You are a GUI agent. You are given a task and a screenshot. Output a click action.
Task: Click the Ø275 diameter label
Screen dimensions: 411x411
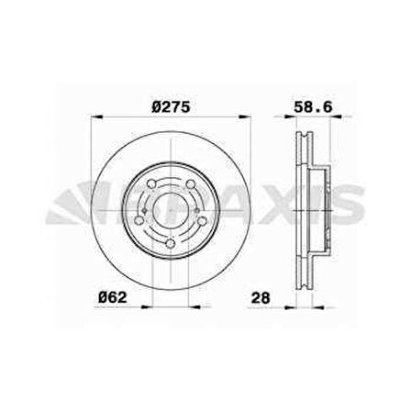click(171, 107)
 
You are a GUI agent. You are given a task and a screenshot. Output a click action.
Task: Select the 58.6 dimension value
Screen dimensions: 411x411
click(313, 107)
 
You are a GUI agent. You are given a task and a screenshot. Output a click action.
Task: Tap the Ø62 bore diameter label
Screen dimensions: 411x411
click(113, 297)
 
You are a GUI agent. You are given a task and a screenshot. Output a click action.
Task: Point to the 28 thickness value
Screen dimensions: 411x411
click(261, 297)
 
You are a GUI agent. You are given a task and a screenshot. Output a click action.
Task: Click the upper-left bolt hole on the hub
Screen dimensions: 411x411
click(151, 183)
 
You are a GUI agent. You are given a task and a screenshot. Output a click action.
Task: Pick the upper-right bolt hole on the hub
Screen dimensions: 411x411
click(191, 183)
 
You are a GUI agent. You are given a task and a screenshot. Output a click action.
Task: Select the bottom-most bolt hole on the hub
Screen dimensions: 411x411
click(171, 243)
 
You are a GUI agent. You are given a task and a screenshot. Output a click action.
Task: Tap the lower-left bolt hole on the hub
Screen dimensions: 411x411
click(139, 220)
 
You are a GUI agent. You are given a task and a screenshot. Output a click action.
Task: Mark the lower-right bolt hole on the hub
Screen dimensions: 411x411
click(202, 220)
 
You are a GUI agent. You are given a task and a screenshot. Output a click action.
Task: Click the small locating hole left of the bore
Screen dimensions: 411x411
click(145, 210)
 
